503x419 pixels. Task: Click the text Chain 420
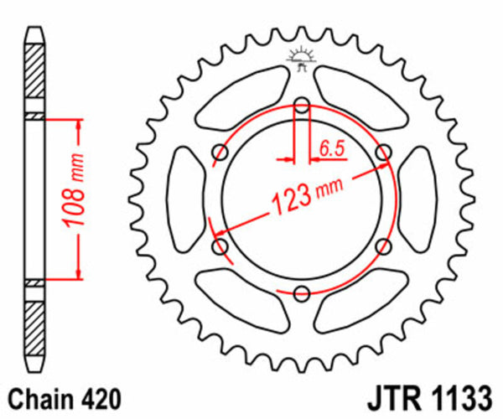click(x=63, y=397)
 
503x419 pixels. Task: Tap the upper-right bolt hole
click(x=383, y=153)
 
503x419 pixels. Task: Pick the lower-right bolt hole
click(x=383, y=246)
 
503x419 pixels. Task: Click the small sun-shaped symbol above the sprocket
click(x=300, y=57)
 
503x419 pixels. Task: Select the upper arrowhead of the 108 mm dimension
click(x=80, y=124)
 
